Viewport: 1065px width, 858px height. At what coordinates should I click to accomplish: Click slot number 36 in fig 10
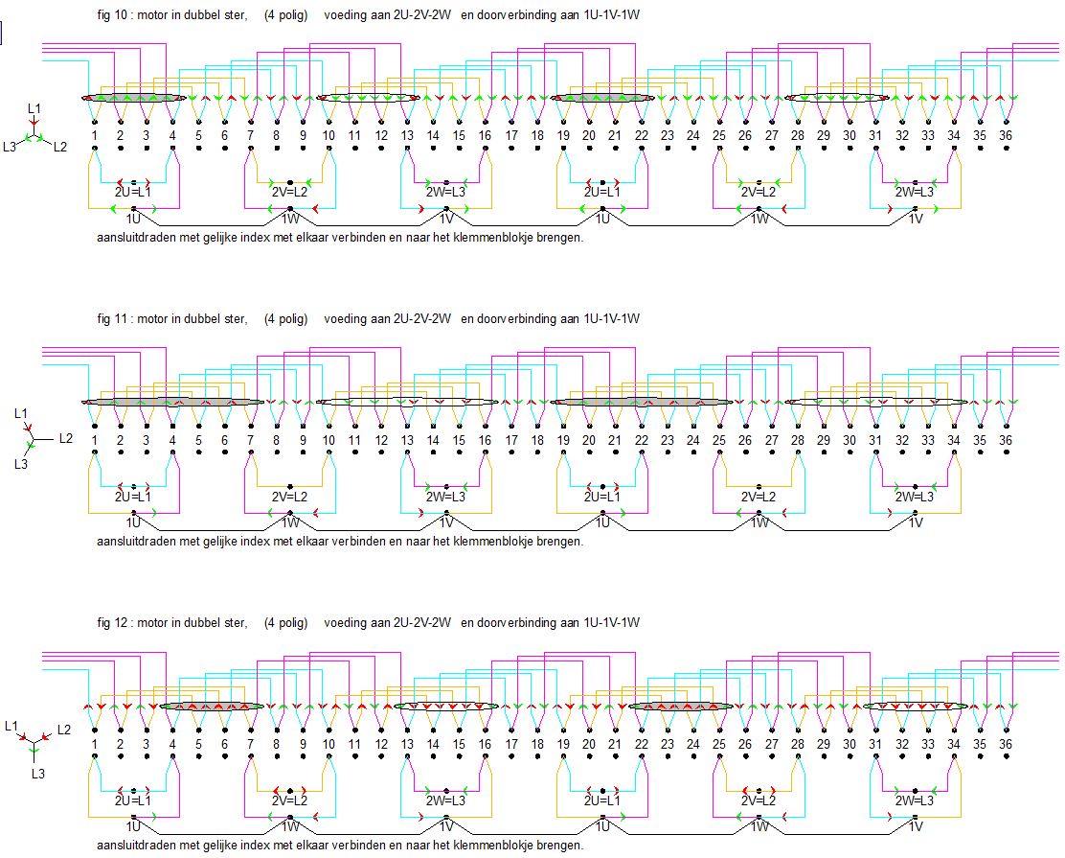click(x=1006, y=137)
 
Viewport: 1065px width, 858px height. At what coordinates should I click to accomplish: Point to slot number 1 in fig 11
click(x=96, y=441)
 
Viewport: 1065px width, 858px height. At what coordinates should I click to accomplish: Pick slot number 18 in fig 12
click(x=537, y=745)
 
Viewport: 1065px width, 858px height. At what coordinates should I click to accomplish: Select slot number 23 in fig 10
click(x=668, y=137)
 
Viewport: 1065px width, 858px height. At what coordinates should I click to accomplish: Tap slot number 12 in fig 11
click(x=381, y=441)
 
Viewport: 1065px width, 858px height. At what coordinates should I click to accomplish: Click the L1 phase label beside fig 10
click(x=34, y=110)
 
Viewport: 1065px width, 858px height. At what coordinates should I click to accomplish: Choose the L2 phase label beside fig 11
click(x=65, y=438)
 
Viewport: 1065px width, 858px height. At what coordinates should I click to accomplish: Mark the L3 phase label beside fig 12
click(x=37, y=772)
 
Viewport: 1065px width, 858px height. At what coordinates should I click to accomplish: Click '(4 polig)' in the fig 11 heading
click(x=286, y=319)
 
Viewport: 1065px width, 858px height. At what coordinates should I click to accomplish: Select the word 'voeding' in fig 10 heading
click(x=343, y=16)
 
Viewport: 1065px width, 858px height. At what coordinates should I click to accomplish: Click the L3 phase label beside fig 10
click(x=10, y=147)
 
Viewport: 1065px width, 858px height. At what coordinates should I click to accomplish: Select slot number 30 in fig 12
click(x=850, y=745)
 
